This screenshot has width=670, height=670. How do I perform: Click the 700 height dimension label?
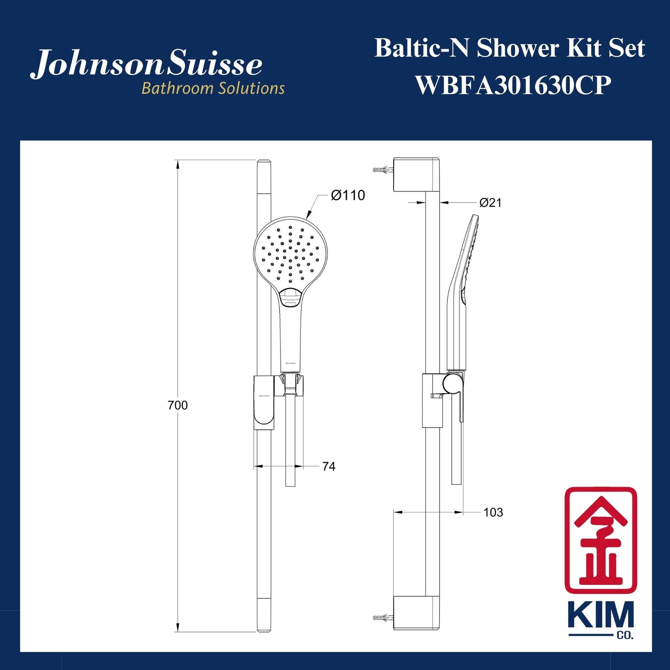click(x=178, y=405)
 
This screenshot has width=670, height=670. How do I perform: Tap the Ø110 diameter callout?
click(x=348, y=195)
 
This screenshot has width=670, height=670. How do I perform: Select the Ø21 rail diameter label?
click(x=490, y=203)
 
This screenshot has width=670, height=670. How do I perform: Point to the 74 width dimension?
click(x=329, y=466)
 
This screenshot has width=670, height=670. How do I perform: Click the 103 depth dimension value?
click(x=493, y=512)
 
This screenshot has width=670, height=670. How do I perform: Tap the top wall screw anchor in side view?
click(x=383, y=170)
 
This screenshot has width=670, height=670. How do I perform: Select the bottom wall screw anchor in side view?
click(x=383, y=618)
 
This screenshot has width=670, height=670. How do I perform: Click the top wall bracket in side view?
click(x=415, y=174)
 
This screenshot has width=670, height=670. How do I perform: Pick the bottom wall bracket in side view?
click(x=415, y=613)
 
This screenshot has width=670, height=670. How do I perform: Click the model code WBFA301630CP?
click(x=513, y=85)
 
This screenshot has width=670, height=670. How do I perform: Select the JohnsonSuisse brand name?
click(x=147, y=64)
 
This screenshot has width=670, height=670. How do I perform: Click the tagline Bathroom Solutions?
click(x=213, y=88)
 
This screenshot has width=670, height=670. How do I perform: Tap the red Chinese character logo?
click(x=600, y=540)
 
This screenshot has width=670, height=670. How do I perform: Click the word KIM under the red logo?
click(x=600, y=617)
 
